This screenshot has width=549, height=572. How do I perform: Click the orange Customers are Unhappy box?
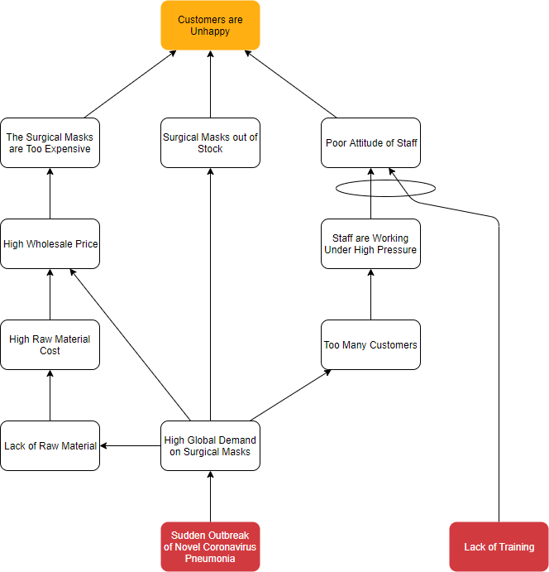[210, 25]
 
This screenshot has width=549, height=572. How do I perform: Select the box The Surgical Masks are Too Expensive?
[50, 142]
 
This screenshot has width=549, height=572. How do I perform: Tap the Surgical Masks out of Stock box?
[210, 142]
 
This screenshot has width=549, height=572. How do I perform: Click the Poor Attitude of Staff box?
[370, 142]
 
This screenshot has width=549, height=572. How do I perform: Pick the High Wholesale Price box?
[50, 243]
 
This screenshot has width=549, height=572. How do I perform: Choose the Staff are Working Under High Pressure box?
[370, 243]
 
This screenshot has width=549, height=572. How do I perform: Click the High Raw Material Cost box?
[50, 344]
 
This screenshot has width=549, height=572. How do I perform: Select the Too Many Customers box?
[370, 344]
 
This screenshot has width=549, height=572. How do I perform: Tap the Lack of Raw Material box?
[50, 445]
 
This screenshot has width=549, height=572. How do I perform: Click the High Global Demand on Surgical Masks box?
[210, 445]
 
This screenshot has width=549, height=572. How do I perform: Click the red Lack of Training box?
[499, 546]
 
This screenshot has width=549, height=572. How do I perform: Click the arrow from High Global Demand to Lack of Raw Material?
[131, 445]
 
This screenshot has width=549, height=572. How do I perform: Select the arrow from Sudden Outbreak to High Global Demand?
[210, 497]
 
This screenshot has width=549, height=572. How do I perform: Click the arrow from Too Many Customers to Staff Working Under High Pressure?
[370, 295]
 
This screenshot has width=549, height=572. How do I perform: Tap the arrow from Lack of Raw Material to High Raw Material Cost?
[50, 396]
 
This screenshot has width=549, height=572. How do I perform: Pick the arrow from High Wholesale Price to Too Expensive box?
[50, 194]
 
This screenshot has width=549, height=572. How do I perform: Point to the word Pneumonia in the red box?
[210, 559]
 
